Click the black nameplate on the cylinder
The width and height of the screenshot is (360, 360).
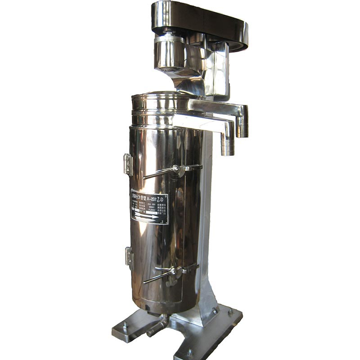[x=149, y=207]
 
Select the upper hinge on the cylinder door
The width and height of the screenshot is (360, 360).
[x=128, y=164]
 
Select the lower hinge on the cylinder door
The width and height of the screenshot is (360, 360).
[x=129, y=256]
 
